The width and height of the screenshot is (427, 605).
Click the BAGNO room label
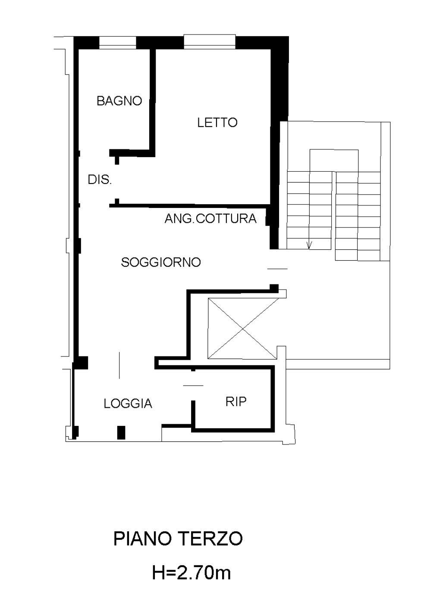119,101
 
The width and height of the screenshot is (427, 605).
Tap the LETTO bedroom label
217,123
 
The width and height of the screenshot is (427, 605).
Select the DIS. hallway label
100,180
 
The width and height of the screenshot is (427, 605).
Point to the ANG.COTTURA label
210,218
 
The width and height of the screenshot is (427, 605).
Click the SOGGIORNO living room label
161,262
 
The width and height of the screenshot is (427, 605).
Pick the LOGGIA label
128,403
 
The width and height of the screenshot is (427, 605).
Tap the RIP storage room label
236,402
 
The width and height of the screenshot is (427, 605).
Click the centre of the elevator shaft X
243,329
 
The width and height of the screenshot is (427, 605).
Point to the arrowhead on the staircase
310,245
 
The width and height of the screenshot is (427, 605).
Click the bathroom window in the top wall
117,43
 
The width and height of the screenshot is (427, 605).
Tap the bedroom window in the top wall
210,42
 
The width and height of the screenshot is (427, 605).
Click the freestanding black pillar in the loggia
121,432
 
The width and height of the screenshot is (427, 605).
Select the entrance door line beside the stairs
277,269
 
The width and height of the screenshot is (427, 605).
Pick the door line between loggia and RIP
193,385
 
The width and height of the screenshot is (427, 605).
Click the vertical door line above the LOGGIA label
119,365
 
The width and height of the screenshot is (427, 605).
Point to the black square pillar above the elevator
274,288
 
